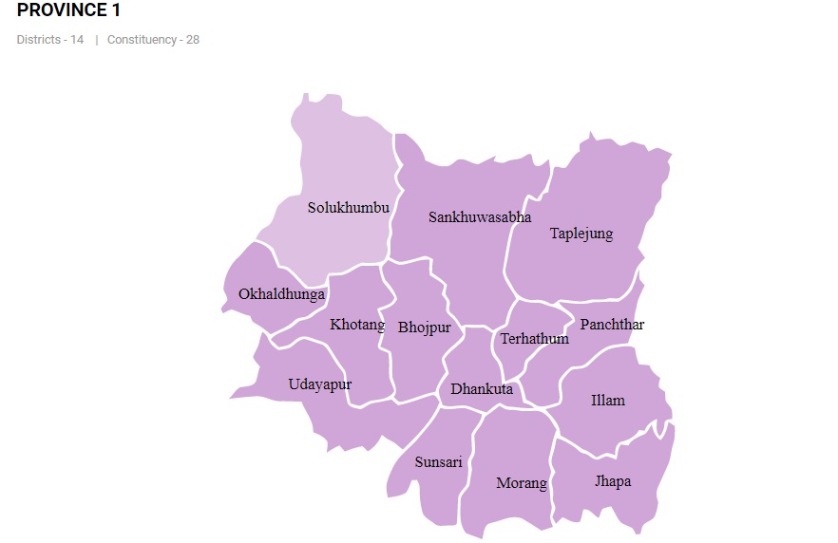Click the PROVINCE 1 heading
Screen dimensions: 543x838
point(68,11)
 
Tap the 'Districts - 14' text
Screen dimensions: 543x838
point(49,40)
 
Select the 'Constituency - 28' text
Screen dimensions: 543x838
point(153,40)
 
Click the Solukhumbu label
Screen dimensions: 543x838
point(348,207)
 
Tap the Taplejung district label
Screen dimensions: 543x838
point(581,234)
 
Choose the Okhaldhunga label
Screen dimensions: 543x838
point(281,294)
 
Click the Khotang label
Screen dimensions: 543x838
point(357,326)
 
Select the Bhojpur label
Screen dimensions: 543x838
point(425,328)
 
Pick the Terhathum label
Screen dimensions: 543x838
point(535,339)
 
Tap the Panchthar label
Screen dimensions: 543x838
point(612,325)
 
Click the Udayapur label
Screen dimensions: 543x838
point(320,384)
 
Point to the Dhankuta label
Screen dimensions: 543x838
point(482,389)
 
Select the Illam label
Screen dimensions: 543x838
point(608,400)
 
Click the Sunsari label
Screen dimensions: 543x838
point(439,462)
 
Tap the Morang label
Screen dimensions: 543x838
point(522,483)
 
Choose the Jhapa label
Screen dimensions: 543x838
point(613,481)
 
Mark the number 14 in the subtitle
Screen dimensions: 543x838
point(77,40)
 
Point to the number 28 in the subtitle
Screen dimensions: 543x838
point(192,40)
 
